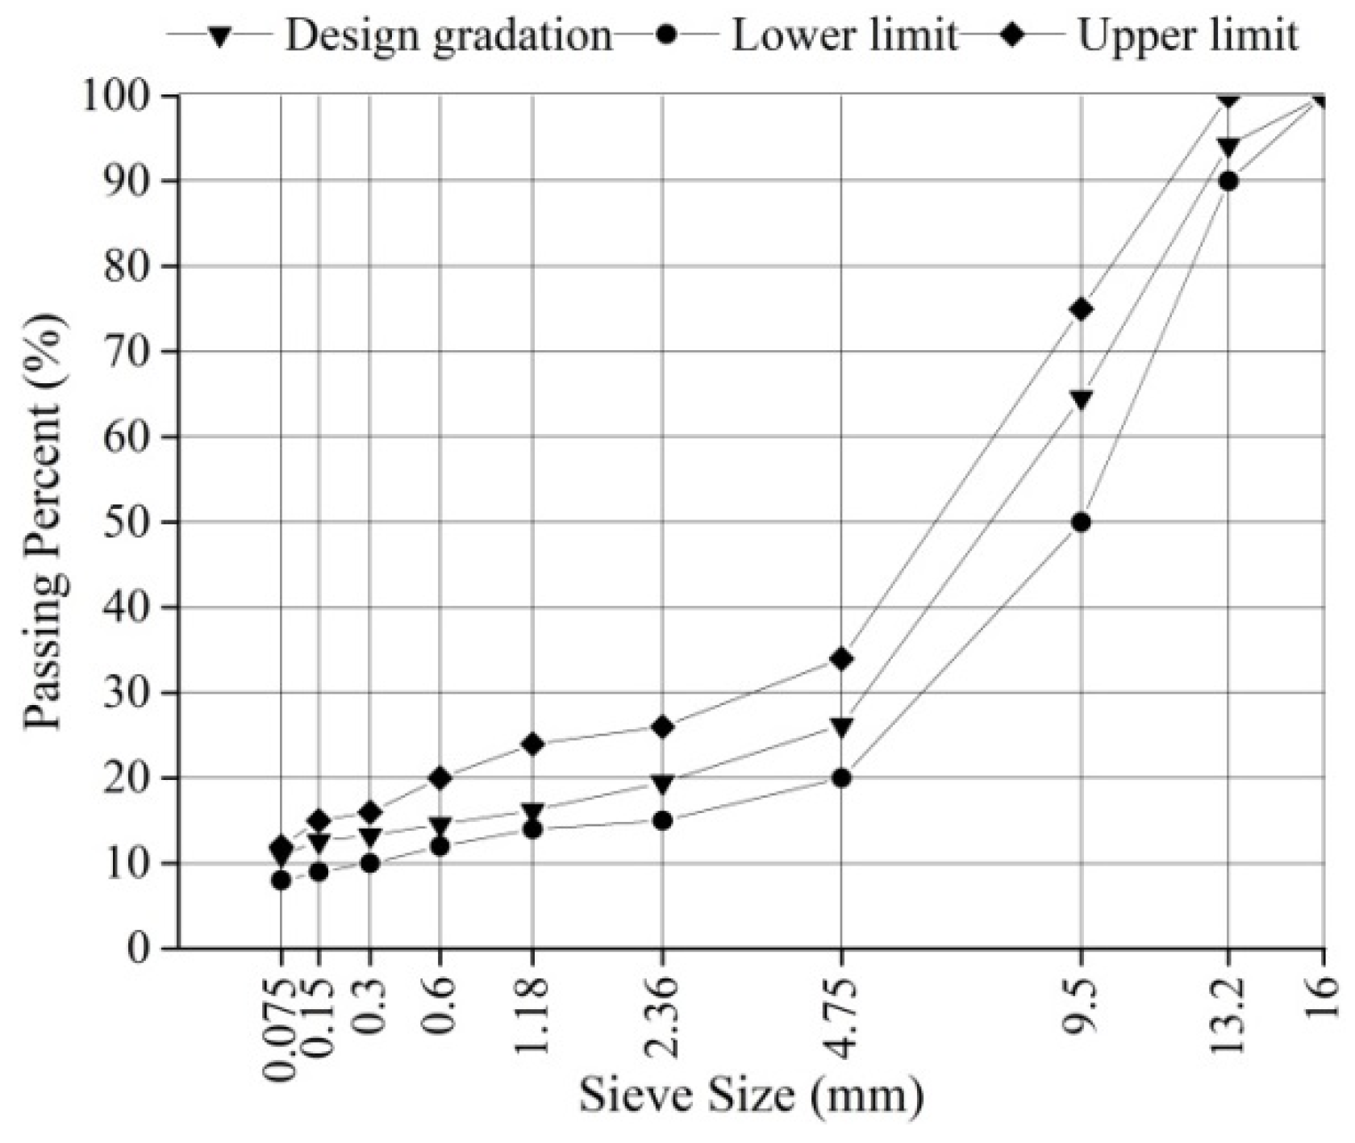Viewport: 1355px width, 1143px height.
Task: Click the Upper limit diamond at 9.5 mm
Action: click(x=1082, y=310)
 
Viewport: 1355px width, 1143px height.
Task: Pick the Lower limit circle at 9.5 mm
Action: click(x=1082, y=523)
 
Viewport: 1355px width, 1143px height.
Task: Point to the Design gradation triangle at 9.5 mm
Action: click(x=1082, y=399)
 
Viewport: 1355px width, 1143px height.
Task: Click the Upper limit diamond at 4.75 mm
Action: click(x=841, y=659)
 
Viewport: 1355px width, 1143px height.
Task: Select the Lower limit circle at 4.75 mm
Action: click(x=841, y=778)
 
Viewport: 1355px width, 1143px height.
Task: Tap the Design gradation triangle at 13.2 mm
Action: click(x=1228, y=148)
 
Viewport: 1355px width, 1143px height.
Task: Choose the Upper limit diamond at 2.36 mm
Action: click(x=662, y=727)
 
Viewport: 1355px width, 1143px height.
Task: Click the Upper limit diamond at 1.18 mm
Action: click(x=532, y=744)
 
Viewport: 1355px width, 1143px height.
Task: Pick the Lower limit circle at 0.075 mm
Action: click(x=281, y=881)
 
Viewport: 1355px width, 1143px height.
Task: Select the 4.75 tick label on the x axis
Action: click(x=841, y=1018)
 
